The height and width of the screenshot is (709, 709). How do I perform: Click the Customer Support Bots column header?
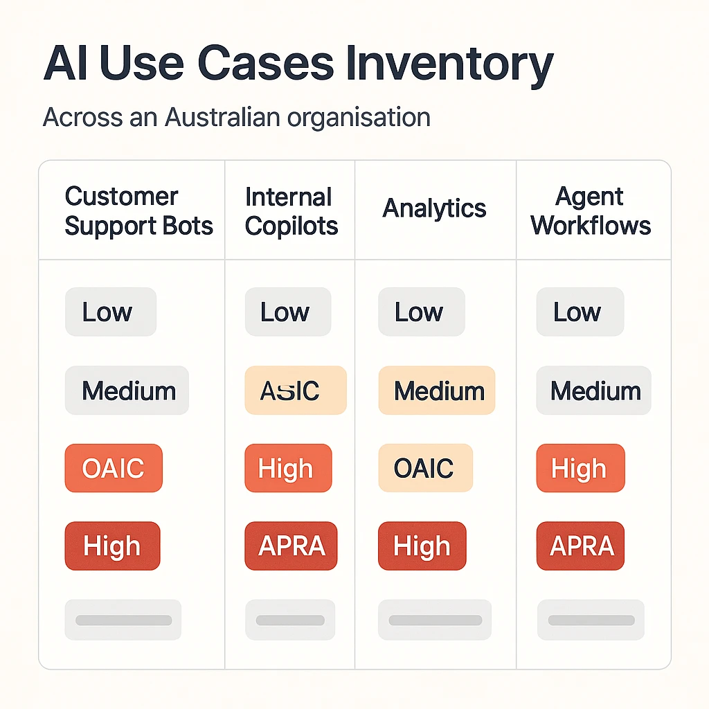[x=138, y=211]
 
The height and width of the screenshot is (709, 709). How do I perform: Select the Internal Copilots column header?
[x=291, y=211]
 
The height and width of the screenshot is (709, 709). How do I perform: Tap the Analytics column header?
[x=435, y=208]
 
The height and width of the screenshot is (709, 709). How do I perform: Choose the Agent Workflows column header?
[x=591, y=211]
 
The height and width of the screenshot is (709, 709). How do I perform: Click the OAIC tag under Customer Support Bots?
[x=114, y=469]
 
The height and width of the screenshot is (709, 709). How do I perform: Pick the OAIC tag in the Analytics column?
[x=425, y=469]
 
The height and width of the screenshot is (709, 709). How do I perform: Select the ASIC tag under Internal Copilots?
[x=296, y=391]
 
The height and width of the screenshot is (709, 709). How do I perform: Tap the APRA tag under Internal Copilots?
[x=291, y=546]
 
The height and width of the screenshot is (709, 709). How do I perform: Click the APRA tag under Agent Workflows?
[x=581, y=546]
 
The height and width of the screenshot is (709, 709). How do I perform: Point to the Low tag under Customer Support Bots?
[x=110, y=312]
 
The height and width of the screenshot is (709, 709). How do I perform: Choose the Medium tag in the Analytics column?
[x=437, y=391]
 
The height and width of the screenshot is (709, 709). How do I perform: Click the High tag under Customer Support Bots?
[x=112, y=546]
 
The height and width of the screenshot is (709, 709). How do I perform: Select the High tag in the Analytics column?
[x=422, y=546]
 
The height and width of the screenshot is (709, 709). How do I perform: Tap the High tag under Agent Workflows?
[x=580, y=469]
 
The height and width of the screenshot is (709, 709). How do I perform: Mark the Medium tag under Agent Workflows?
[x=594, y=391]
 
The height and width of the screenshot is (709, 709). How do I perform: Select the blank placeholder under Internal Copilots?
[x=290, y=620]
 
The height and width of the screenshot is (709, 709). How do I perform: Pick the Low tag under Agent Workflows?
[x=580, y=312]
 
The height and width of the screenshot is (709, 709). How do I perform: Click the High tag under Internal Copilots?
[x=288, y=469]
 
